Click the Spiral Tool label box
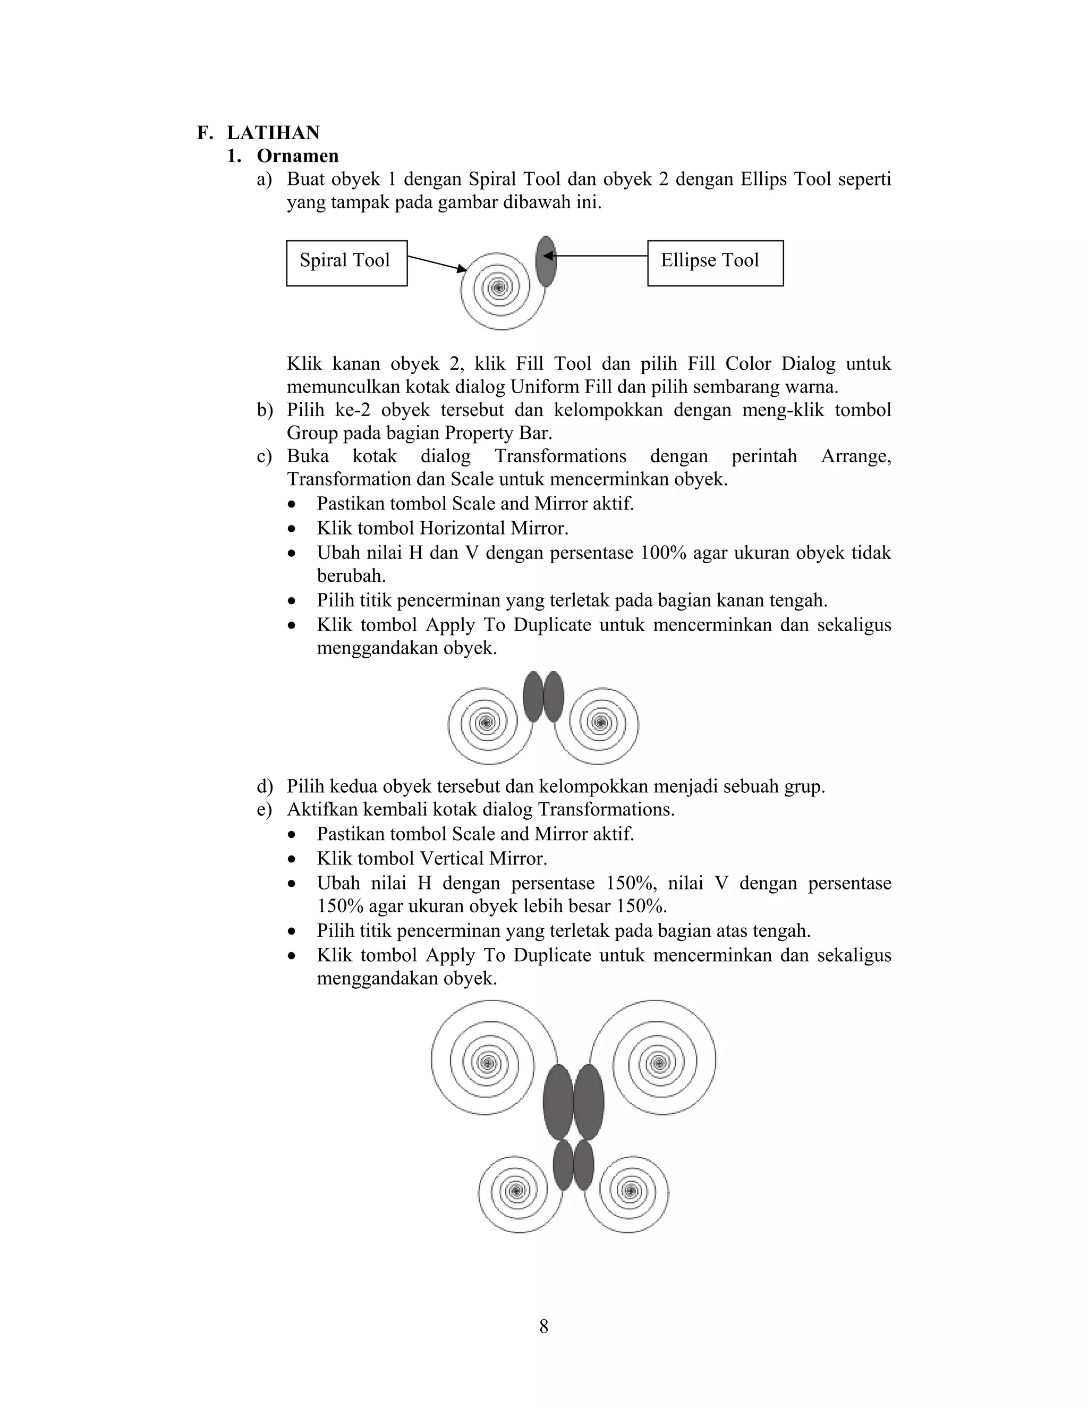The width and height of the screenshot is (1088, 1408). (x=346, y=262)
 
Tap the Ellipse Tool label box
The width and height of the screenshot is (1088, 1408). (x=715, y=262)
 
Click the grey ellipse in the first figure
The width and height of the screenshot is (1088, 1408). (x=546, y=261)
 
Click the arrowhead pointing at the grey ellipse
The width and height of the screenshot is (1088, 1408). (x=547, y=256)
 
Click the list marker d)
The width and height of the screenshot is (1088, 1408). (x=264, y=786)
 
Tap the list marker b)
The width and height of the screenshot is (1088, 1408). (x=264, y=410)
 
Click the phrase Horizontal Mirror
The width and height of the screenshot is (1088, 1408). (x=493, y=529)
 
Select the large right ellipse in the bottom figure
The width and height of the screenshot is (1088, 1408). (x=589, y=1102)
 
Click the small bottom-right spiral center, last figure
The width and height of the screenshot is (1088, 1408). (x=631, y=1190)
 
